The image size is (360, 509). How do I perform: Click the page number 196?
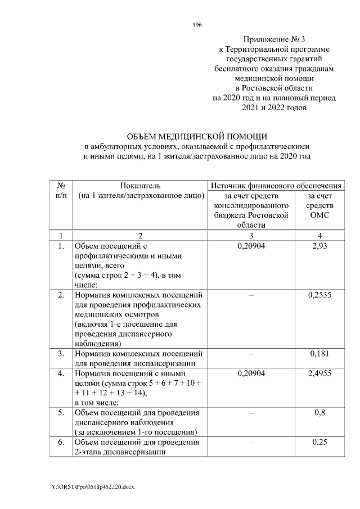click(x=197, y=25)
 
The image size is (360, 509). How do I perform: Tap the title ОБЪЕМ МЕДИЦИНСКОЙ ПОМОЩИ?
click(x=197, y=136)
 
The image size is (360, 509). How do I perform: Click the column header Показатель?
click(x=140, y=186)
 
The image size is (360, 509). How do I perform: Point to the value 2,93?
click(x=319, y=246)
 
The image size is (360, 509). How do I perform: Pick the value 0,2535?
click(x=319, y=294)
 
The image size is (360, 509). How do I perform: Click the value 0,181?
click(x=319, y=353)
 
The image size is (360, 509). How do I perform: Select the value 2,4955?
click(x=319, y=373)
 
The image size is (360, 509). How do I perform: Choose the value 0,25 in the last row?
click(x=319, y=442)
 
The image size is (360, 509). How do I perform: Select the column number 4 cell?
click(x=319, y=235)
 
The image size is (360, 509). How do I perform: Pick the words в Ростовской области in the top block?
click(x=274, y=88)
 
